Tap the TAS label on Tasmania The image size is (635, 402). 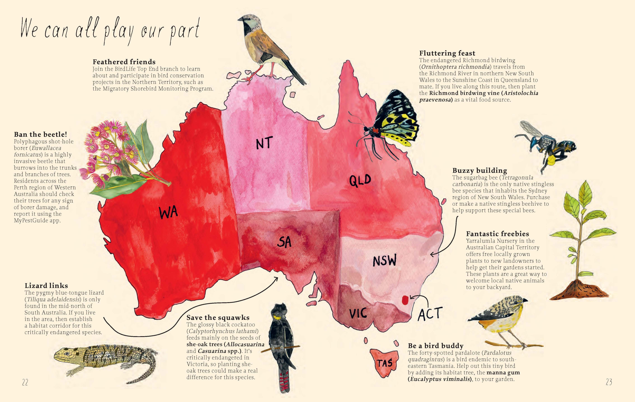(x=385, y=363)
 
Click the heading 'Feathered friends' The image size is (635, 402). (x=124, y=62)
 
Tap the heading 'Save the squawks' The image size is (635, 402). (x=218, y=318)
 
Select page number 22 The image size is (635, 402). (x=25, y=382)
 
